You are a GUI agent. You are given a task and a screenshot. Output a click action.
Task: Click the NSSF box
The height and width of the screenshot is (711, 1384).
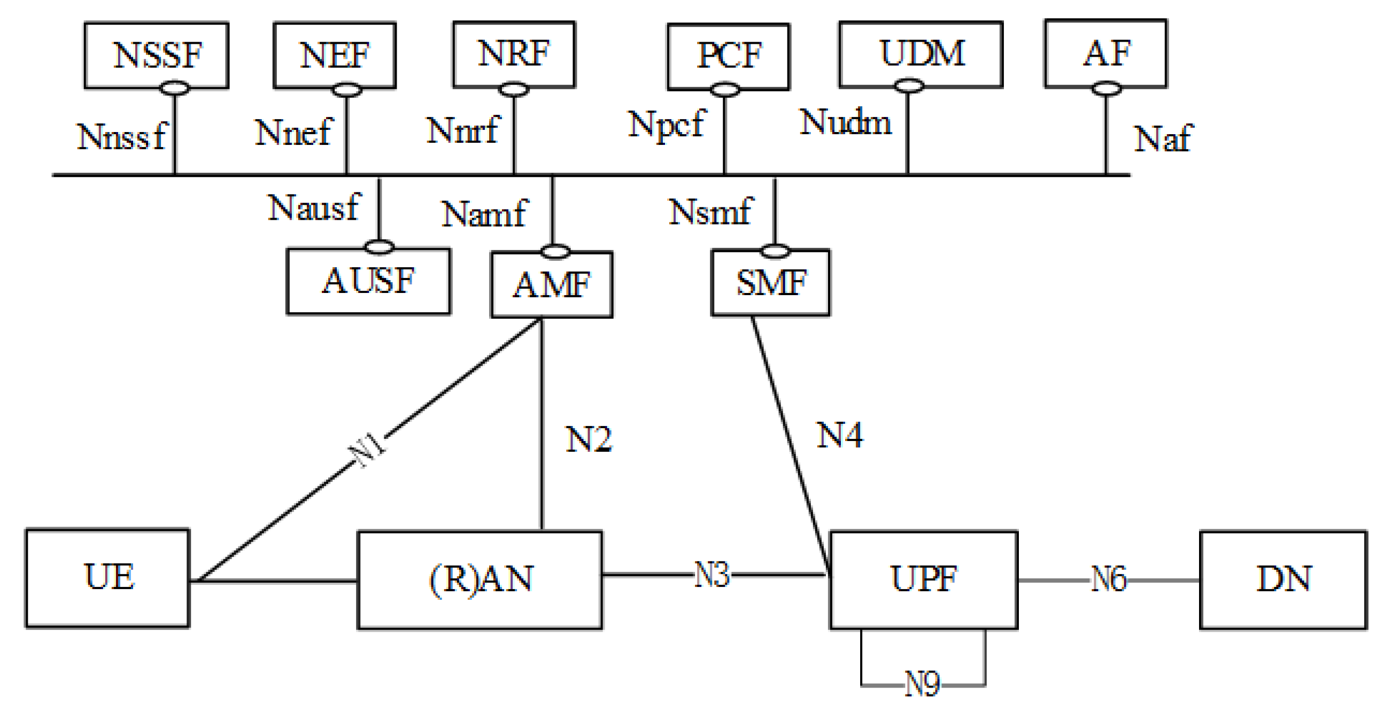click(156, 55)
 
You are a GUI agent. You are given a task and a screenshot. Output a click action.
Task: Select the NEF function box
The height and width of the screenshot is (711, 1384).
click(334, 55)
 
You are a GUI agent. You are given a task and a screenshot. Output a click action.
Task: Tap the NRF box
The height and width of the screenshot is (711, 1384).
click(514, 54)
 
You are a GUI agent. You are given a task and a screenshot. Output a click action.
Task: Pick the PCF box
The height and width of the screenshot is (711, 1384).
click(728, 56)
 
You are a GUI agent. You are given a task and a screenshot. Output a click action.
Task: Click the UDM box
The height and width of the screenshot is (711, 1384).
click(921, 54)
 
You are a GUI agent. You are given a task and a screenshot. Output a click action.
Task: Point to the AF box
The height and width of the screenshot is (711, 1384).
click(1105, 53)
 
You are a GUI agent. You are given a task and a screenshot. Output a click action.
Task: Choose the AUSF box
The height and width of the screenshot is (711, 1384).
click(368, 281)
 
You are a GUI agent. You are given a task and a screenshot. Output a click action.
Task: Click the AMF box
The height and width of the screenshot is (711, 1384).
click(552, 285)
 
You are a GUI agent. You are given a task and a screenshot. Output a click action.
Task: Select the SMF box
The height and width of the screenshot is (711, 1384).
click(770, 283)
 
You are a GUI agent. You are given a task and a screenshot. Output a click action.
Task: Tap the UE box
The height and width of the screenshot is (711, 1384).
click(107, 578)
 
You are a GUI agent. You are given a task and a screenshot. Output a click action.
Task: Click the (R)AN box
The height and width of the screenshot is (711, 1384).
click(480, 580)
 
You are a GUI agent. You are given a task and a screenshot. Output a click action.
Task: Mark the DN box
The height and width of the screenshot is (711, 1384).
click(1283, 579)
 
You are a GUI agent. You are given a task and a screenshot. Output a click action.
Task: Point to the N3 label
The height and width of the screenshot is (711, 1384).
click(712, 575)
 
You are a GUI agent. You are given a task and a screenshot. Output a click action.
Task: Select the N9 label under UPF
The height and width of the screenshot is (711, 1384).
click(922, 684)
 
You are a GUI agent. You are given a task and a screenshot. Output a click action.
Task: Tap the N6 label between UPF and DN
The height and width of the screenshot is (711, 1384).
click(1108, 580)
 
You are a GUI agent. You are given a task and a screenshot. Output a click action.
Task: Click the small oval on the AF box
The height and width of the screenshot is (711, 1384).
click(1106, 89)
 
